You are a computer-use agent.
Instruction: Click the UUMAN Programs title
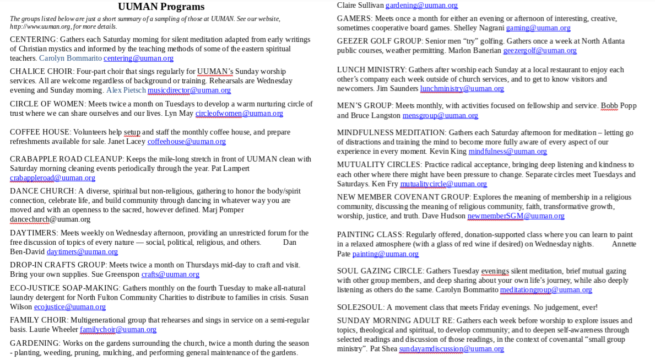pyautogui.click(x=161, y=7)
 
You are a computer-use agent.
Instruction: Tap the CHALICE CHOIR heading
pyautogui.click(x=41, y=72)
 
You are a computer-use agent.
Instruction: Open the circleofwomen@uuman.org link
pyautogui.click(x=239, y=114)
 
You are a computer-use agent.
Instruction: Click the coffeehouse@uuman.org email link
pyautogui.click(x=186, y=142)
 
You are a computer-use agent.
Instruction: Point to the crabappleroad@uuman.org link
pyautogui.click(x=52, y=178)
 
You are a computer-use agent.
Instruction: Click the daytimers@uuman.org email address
pyautogui.click(x=82, y=252)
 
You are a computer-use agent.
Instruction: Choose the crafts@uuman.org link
pyautogui.click(x=170, y=275)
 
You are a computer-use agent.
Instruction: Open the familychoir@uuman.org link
pyautogui.click(x=118, y=330)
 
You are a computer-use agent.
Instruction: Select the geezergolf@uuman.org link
pyautogui.click(x=540, y=51)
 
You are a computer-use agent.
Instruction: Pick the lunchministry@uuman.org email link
pyautogui.click(x=462, y=89)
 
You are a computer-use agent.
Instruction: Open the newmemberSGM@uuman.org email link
pyautogui.click(x=516, y=216)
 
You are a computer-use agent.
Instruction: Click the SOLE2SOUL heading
pyautogui.click(x=360, y=308)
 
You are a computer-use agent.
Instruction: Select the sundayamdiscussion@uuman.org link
pyautogui.click(x=451, y=349)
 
